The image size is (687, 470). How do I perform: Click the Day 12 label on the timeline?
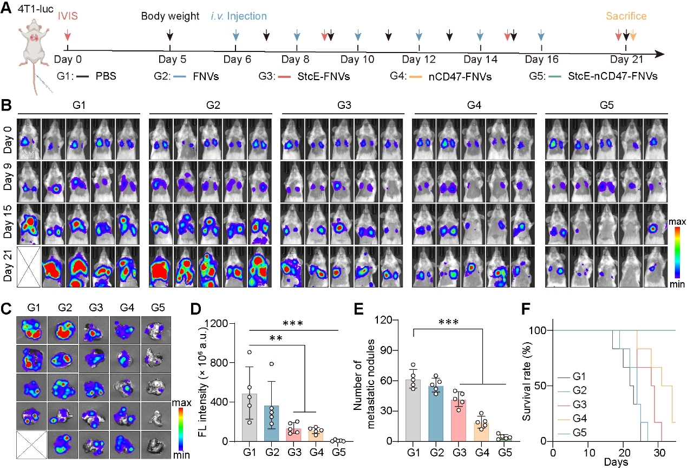click(418, 59)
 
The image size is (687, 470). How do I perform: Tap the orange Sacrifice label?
click(626, 16)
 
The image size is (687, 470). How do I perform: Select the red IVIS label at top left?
click(68, 16)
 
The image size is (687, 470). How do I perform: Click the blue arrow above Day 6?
click(235, 35)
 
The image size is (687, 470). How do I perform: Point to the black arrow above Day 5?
click(169, 35)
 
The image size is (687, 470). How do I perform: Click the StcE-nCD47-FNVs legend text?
click(612, 76)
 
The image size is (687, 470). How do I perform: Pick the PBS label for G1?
click(106, 76)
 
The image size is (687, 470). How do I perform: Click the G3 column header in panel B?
click(344, 105)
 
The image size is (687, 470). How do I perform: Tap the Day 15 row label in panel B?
click(8, 222)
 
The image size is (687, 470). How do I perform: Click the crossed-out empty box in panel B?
click(29, 267)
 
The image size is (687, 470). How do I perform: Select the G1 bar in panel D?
click(250, 417)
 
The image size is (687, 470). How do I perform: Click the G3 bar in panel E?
click(459, 420)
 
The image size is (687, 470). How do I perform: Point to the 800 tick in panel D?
click(218, 363)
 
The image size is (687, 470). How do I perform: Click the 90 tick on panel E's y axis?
click(387, 350)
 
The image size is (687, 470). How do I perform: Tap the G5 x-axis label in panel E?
click(505, 453)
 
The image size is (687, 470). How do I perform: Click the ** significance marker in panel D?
click(276, 339)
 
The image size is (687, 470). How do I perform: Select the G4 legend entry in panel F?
click(572, 419)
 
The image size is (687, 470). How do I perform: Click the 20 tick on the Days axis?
click(624, 453)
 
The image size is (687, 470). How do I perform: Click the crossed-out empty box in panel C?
click(31, 445)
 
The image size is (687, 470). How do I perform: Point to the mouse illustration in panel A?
click(34, 55)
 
